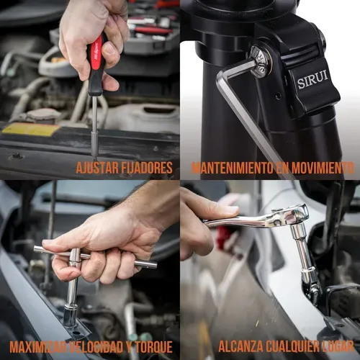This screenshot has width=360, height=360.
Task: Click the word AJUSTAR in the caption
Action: click(97, 168)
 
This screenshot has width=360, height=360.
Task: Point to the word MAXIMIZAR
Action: click(37, 347)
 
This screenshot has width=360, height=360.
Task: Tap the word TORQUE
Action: click(153, 347)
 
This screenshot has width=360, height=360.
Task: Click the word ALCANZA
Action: click(240, 346)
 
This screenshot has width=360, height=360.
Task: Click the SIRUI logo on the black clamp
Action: click(312, 79)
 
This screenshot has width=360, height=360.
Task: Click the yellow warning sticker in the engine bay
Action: click(31, 129)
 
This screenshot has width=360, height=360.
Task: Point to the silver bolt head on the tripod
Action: click(260, 62)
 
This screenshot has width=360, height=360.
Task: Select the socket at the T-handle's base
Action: click(70, 315)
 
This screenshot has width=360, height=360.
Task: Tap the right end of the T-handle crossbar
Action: click(156, 265)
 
